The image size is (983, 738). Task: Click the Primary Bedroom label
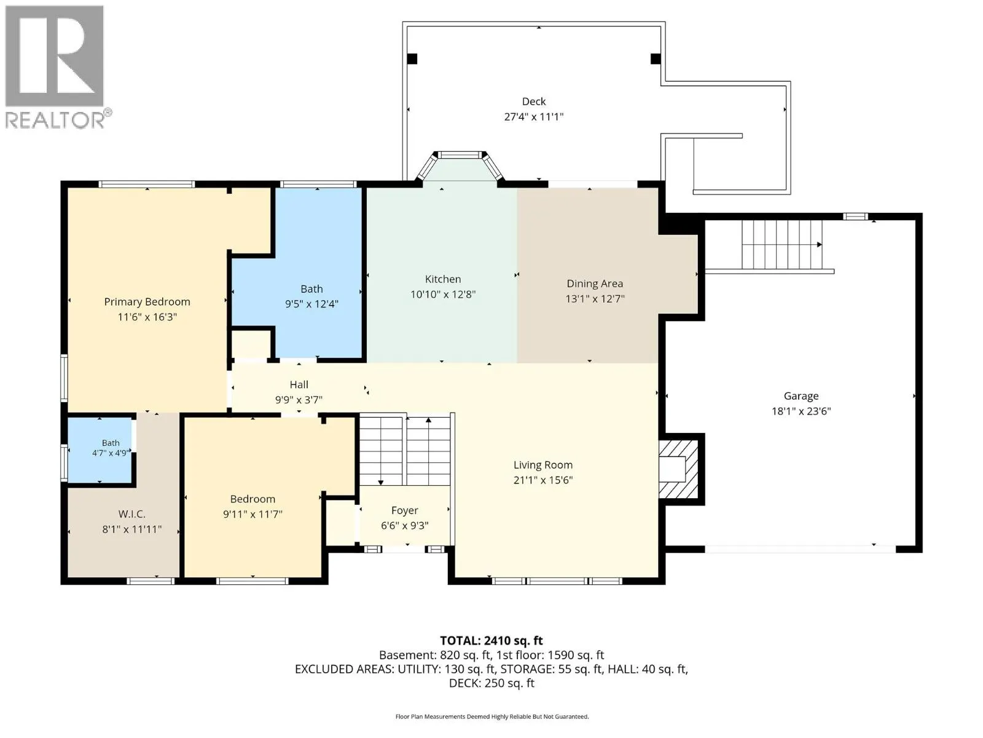coord(147,302)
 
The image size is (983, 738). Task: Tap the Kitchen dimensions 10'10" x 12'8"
coord(443,295)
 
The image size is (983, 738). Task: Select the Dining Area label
coord(595,284)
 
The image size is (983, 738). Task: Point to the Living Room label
coord(542,465)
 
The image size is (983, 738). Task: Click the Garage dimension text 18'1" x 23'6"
coord(801,411)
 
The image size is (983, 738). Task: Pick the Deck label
coord(534,101)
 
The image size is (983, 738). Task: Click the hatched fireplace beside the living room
coord(678,469)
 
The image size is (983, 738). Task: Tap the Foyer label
coord(405,511)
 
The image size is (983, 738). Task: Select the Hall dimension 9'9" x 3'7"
coord(299,400)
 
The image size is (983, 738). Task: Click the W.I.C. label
coord(131,514)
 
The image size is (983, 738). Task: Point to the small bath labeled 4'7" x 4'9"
coord(100,450)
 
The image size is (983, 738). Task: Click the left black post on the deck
coord(412,58)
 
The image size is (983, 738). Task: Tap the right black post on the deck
coord(656,58)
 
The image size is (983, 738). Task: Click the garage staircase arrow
coord(782,245)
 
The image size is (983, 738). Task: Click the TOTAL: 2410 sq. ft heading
coord(491,641)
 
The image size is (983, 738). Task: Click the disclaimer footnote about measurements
coord(491,717)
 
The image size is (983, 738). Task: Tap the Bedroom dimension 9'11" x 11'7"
coord(253,514)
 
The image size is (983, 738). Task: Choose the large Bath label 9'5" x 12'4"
coord(311,296)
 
